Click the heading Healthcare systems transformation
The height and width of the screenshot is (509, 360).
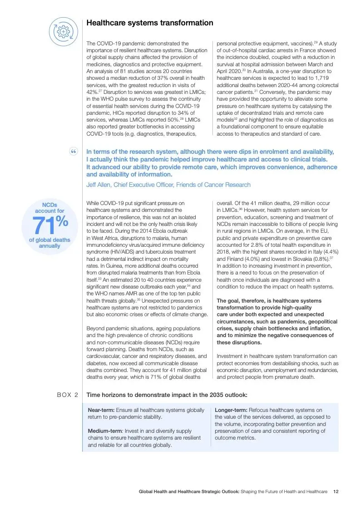click(x=150, y=23)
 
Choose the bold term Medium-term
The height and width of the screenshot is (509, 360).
click(x=104, y=431)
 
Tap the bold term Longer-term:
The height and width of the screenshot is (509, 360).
click(x=231, y=410)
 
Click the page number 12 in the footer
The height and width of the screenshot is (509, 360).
click(x=335, y=491)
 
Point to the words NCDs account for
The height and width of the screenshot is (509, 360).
click(x=50, y=208)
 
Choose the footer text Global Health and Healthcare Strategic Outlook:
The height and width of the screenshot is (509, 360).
click(x=189, y=491)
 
